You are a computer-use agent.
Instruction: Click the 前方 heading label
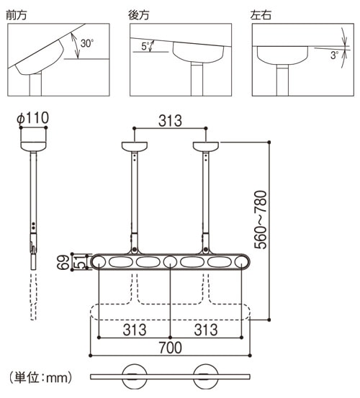17,15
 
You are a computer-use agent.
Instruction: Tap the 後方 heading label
139,15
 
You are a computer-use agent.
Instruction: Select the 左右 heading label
261,15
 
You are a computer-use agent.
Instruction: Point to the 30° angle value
87,43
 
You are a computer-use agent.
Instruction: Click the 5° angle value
145,46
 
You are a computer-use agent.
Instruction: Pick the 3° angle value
334,55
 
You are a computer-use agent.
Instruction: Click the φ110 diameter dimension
32,118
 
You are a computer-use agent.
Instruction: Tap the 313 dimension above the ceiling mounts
170,121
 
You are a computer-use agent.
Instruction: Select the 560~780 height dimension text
261,220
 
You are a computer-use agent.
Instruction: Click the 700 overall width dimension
171,348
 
